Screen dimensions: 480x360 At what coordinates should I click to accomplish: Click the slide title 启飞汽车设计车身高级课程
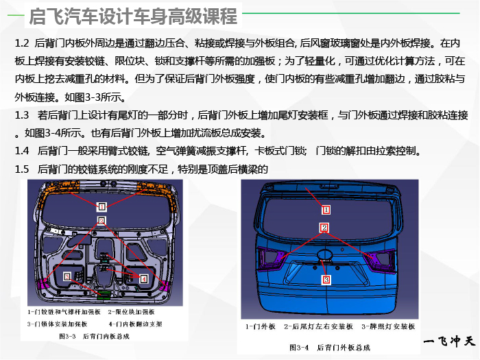[x=133, y=16]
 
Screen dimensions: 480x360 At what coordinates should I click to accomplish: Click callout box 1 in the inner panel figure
[x=101, y=206]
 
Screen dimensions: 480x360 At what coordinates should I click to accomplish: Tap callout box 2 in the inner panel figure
[x=101, y=220]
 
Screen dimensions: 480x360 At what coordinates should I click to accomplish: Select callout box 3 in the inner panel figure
[x=67, y=276]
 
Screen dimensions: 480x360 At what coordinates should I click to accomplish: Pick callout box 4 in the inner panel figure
[x=143, y=278]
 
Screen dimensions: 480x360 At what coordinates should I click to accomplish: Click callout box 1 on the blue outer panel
[x=326, y=210]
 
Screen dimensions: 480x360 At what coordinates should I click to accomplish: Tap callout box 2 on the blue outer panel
[x=324, y=228]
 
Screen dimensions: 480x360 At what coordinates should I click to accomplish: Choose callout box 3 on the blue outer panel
[x=326, y=279]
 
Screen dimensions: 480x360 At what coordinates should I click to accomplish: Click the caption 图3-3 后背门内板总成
[x=95, y=337]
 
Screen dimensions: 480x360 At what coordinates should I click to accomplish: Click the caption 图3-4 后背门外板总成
[x=330, y=348]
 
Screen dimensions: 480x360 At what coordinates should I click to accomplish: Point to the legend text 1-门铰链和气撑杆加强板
[x=64, y=312]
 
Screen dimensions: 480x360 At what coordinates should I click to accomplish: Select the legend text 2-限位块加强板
[x=131, y=312]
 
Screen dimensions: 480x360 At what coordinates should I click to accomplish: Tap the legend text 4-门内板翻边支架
[x=135, y=324]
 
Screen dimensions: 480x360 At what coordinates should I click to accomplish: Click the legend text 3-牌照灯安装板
[x=388, y=326]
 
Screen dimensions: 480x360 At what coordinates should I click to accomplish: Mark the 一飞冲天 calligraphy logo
[x=449, y=341]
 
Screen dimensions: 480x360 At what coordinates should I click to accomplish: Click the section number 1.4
[x=22, y=151]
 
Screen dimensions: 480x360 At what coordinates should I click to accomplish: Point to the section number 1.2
[x=22, y=43]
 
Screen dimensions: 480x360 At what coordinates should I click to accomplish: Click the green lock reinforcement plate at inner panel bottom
[x=105, y=294]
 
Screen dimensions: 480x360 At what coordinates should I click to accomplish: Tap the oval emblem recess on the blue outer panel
[x=325, y=254]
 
